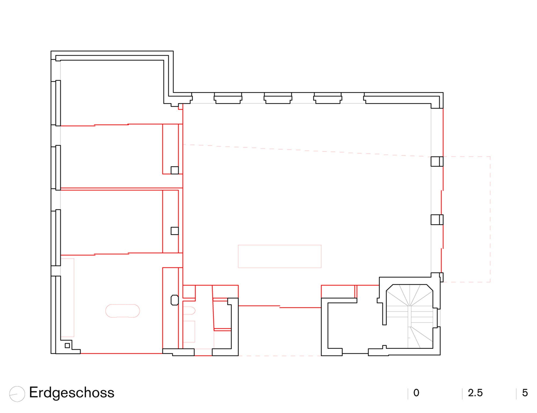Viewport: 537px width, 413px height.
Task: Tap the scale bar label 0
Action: (x=416, y=393)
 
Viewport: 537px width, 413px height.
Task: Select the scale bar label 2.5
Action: (x=475, y=393)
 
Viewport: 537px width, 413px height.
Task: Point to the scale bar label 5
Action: (x=525, y=393)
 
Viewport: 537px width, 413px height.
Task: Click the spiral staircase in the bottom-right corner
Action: (x=409, y=316)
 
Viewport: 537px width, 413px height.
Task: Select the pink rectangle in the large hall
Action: (x=280, y=245)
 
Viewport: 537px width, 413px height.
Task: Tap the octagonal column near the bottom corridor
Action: (x=175, y=300)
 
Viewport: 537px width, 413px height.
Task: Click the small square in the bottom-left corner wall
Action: (x=67, y=346)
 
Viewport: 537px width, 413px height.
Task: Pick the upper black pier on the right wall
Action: (x=437, y=162)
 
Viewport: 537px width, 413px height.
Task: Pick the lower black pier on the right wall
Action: (x=437, y=220)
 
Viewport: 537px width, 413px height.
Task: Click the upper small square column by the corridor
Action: (x=175, y=170)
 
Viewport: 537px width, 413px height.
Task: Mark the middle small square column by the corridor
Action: (x=175, y=231)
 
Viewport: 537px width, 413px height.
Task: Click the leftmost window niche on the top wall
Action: (x=228, y=98)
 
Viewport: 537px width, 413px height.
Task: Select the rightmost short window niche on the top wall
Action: (x=328, y=98)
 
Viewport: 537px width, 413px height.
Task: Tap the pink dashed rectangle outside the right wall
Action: (x=490, y=219)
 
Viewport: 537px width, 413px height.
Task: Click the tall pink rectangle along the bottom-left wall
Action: (x=67, y=298)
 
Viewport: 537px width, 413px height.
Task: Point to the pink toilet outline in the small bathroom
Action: (x=189, y=310)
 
